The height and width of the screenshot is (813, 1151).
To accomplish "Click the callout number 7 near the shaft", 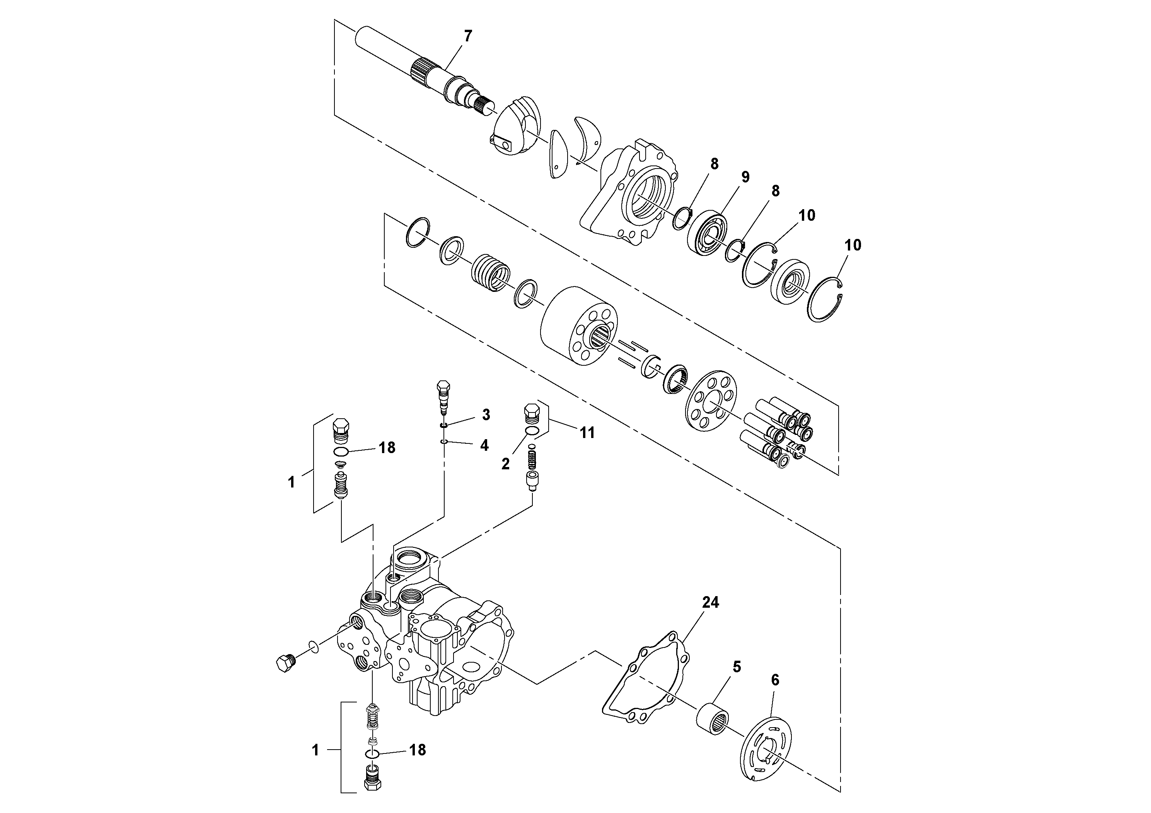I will pyautogui.click(x=468, y=36).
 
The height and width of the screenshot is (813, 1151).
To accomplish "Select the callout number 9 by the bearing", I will pyautogui.click(x=745, y=177).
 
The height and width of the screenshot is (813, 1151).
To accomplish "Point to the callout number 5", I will pyautogui.click(x=737, y=667).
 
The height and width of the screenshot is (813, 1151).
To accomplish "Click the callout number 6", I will pyautogui.click(x=775, y=680).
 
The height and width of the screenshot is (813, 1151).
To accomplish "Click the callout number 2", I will pyautogui.click(x=505, y=464).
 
